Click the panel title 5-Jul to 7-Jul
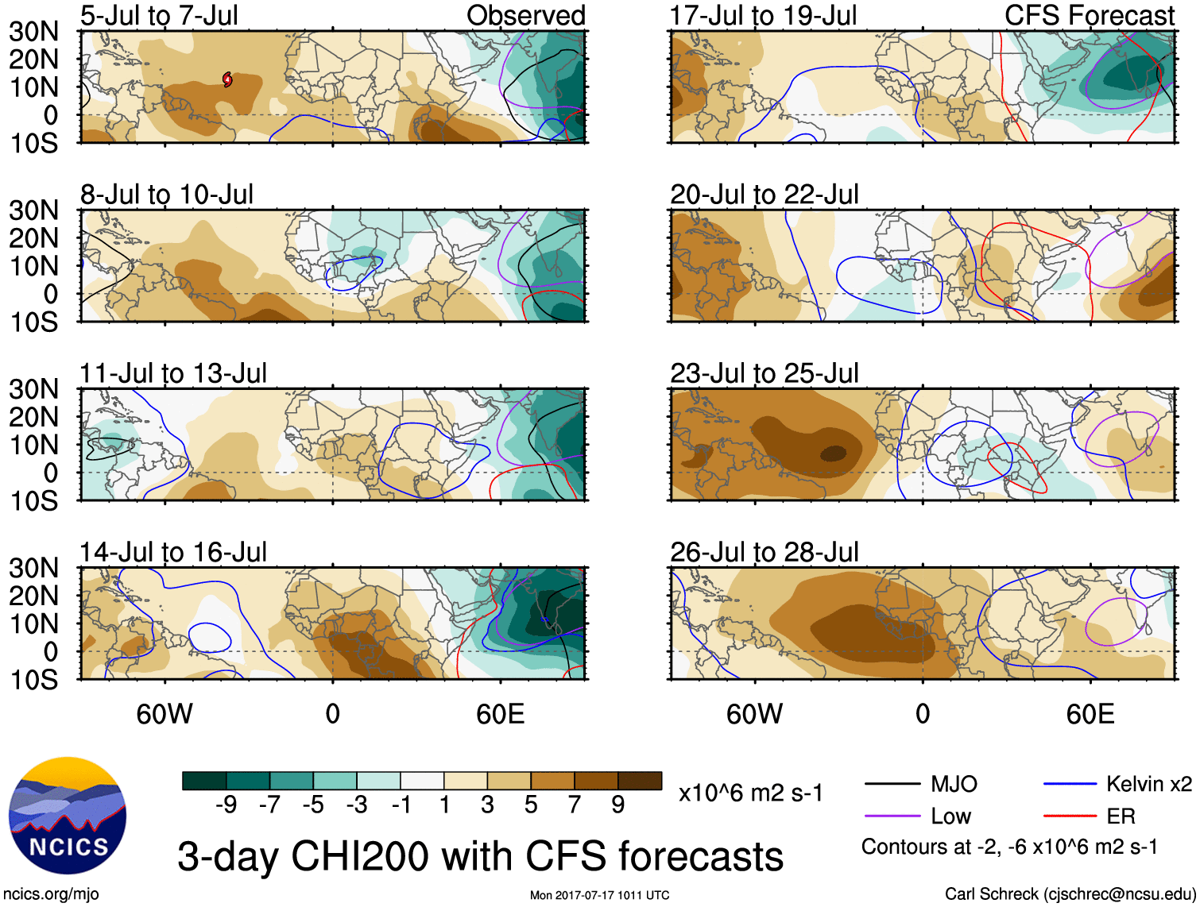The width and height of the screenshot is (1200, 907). pos(159,15)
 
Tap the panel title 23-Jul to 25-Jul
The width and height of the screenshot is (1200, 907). pos(764,373)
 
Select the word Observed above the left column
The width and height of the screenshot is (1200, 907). pos(525,15)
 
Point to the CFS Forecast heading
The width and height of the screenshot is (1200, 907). pos(1089,15)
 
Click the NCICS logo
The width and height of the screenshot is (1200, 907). pos(68,816)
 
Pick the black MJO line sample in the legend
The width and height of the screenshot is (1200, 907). pos(892,785)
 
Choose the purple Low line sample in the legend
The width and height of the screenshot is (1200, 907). pos(892,816)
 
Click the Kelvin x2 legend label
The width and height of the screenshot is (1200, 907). pos(1148,785)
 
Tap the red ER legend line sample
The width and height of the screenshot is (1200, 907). pos(1070,816)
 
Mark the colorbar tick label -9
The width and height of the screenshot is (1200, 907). pos(226,805)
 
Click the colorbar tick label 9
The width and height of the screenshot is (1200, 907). pos(618,805)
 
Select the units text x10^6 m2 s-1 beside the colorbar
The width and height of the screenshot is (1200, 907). pos(750,793)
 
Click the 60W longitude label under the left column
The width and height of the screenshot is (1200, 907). pos(165,714)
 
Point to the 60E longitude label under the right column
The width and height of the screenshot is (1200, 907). pos(1090,714)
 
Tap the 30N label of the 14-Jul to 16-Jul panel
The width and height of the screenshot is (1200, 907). pos(33,568)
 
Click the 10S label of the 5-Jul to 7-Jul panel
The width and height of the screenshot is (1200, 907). pos(33,144)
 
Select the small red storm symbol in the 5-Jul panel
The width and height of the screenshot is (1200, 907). pos(228,79)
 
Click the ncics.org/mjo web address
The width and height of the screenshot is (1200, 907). pos(51,894)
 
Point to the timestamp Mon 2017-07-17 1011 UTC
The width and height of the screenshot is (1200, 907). pos(599,895)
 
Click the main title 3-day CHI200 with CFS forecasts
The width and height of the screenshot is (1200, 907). pos(480,856)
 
